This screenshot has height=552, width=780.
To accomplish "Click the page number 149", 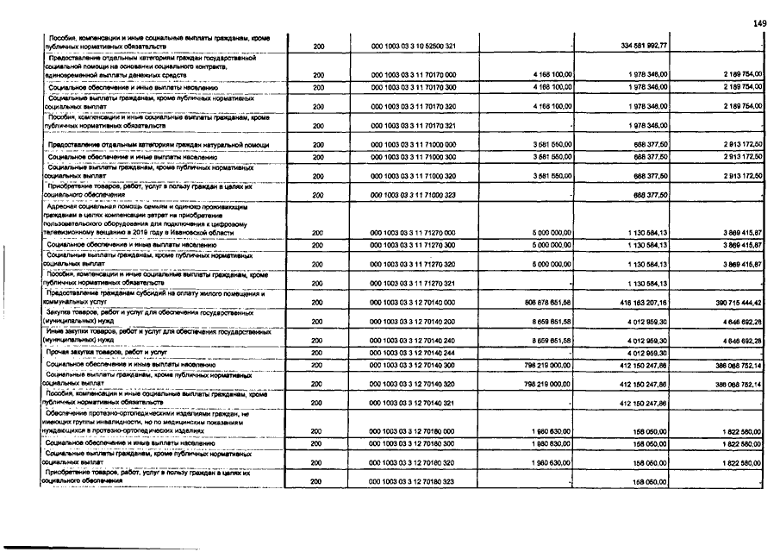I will click(x=758, y=23).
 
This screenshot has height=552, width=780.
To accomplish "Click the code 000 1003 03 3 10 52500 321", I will click(x=413, y=46).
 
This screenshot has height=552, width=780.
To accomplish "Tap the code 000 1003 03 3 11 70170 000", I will click(x=413, y=75).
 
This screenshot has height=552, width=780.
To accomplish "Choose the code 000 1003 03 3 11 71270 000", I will click(x=413, y=232).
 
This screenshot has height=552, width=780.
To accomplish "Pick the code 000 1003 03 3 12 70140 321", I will click(x=413, y=403).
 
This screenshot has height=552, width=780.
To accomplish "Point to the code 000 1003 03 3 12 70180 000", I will click(x=413, y=431).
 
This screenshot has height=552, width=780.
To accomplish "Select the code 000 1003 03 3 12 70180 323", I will click(x=413, y=481).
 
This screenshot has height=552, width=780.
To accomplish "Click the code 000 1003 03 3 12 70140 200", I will click(x=413, y=323).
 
